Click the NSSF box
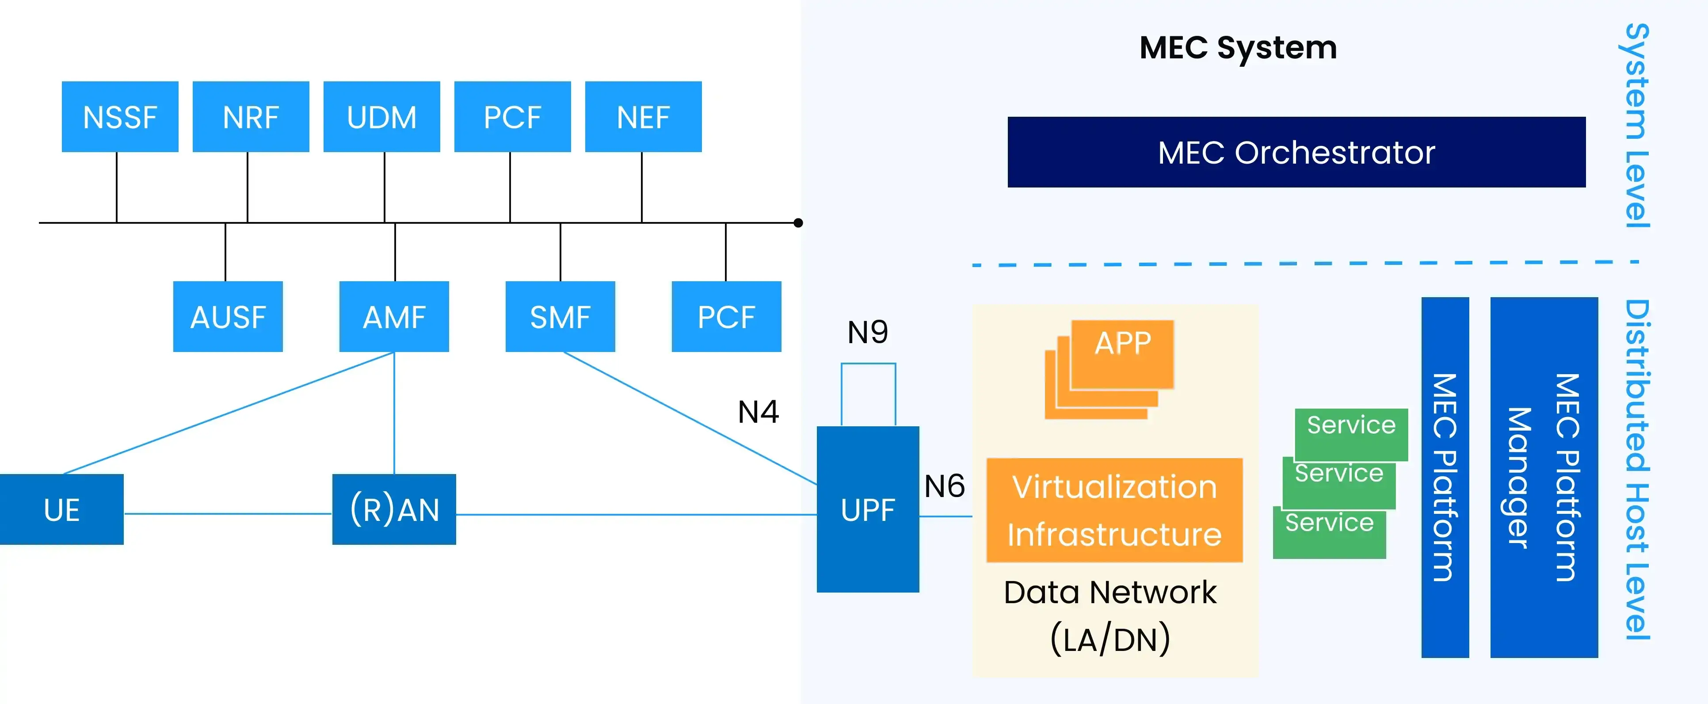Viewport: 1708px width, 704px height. (x=120, y=117)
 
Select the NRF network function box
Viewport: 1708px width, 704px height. (x=251, y=117)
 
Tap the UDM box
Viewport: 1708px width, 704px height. (x=381, y=117)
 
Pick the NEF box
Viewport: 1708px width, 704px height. (x=643, y=117)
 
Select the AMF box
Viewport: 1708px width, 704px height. (x=394, y=317)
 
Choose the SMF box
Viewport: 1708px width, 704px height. (x=560, y=317)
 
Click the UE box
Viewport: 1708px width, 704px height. (x=62, y=509)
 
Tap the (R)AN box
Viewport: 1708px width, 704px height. (x=394, y=509)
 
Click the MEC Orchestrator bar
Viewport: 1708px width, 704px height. (x=1296, y=152)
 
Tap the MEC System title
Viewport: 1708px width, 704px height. (x=1238, y=47)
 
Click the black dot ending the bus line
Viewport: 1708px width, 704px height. (x=798, y=223)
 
